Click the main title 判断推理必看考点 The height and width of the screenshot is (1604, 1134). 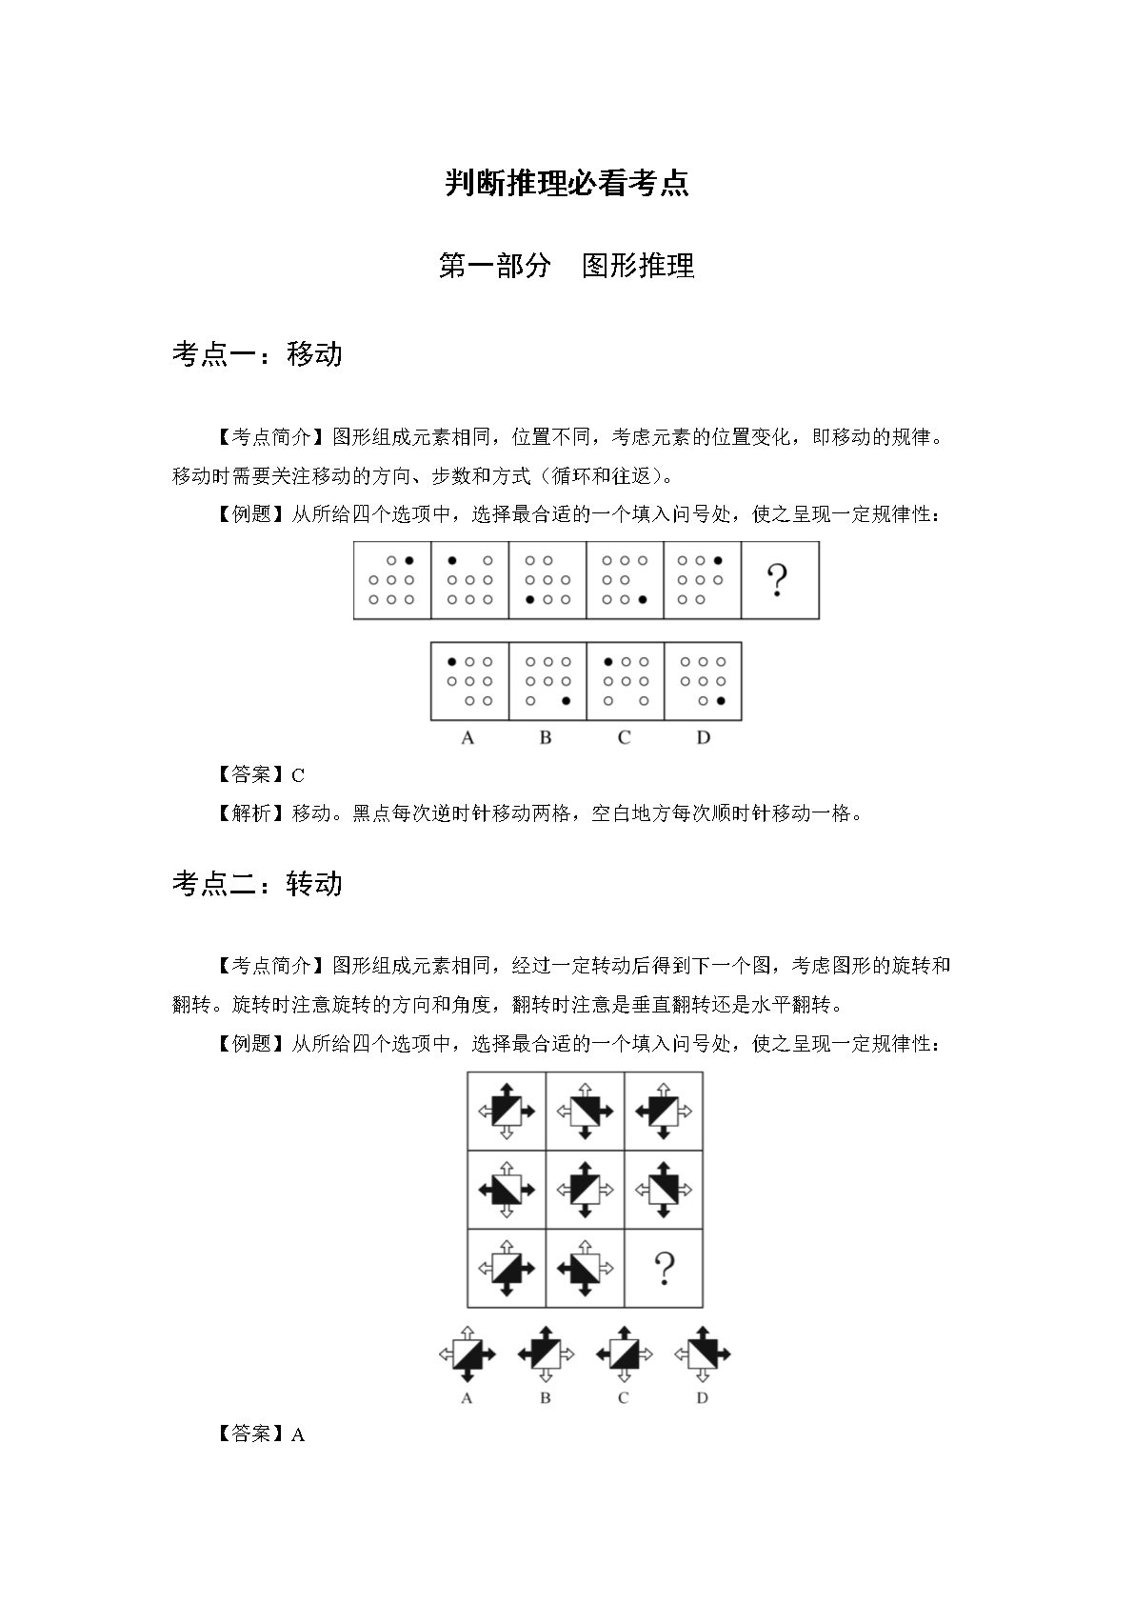click(567, 183)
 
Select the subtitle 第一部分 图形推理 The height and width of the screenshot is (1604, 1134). click(567, 266)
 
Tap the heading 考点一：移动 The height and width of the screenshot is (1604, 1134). click(257, 354)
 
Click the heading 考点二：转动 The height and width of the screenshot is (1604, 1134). click(257, 884)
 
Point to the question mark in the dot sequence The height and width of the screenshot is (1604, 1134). click(778, 580)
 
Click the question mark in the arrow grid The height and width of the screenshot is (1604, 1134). click(664, 1269)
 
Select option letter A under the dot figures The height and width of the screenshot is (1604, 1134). click(468, 737)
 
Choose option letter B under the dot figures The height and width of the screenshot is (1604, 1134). click(546, 737)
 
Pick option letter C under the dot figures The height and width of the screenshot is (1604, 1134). click(624, 737)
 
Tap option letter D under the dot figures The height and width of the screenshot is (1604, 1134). click(703, 737)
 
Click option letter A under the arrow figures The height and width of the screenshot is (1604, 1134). click(467, 1398)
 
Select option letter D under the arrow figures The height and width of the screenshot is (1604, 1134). click(702, 1398)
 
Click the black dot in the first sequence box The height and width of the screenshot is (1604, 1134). click(409, 561)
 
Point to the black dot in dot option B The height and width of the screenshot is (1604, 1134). click(567, 701)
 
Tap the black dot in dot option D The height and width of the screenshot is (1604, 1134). click(721, 701)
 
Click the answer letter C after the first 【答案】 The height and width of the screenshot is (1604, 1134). click(298, 775)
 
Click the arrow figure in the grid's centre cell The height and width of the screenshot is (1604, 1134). click(585, 1190)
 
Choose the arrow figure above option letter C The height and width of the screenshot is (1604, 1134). click(624, 1353)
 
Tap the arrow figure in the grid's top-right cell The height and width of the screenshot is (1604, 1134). click(663, 1111)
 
